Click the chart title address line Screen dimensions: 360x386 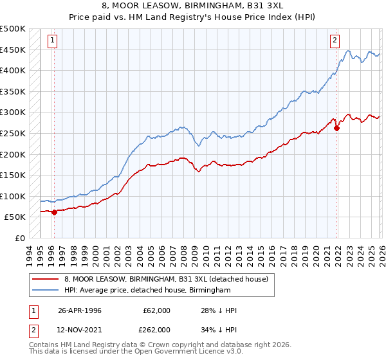(193, 8)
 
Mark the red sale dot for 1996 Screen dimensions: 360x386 (54, 212)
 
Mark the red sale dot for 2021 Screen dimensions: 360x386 (336, 128)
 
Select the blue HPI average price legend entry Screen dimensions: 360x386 (147, 291)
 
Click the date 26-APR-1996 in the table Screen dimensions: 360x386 (80, 310)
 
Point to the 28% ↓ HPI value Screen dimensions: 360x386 (219, 310)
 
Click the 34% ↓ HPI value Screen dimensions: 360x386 (219, 329)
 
